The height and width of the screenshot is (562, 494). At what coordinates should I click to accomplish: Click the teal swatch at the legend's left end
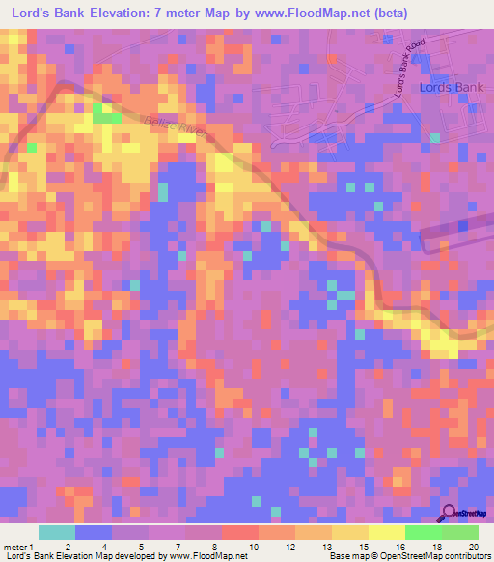point(57,532)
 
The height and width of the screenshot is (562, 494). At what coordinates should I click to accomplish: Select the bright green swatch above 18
point(423,532)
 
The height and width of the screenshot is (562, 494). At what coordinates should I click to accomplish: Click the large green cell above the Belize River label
point(106,115)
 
